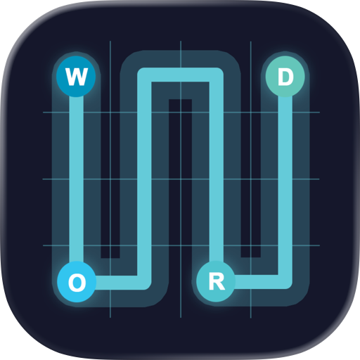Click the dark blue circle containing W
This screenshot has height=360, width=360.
pyautogui.click(x=76, y=77)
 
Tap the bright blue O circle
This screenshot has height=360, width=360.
pyautogui.click(x=77, y=282)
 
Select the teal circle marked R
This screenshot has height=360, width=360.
pyautogui.click(x=216, y=281)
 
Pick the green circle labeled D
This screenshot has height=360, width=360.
pyautogui.click(x=285, y=77)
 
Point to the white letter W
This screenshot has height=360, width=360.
pyautogui.click(x=77, y=77)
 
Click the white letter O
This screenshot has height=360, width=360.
pyautogui.click(x=77, y=283)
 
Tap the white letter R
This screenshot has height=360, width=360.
pyautogui.click(x=217, y=282)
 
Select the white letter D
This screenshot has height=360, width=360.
pyautogui.click(x=285, y=77)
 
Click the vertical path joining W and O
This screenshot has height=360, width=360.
pyautogui.click(x=77, y=179)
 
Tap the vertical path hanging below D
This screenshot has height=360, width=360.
pyautogui.click(x=285, y=185)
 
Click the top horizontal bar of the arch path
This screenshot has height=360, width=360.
pyautogui.click(x=180, y=75)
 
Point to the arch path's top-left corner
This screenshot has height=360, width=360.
pyautogui.click(x=144, y=75)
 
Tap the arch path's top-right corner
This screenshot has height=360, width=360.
pyautogui.click(x=216, y=75)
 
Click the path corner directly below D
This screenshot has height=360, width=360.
pyautogui.click(x=285, y=282)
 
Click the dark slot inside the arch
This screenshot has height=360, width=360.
pyautogui.click(x=180, y=178)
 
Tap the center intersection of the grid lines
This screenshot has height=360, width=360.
pyautogui.click(x=181, y=179)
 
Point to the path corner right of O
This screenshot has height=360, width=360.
pyautogui.click(x=144, y=283)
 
